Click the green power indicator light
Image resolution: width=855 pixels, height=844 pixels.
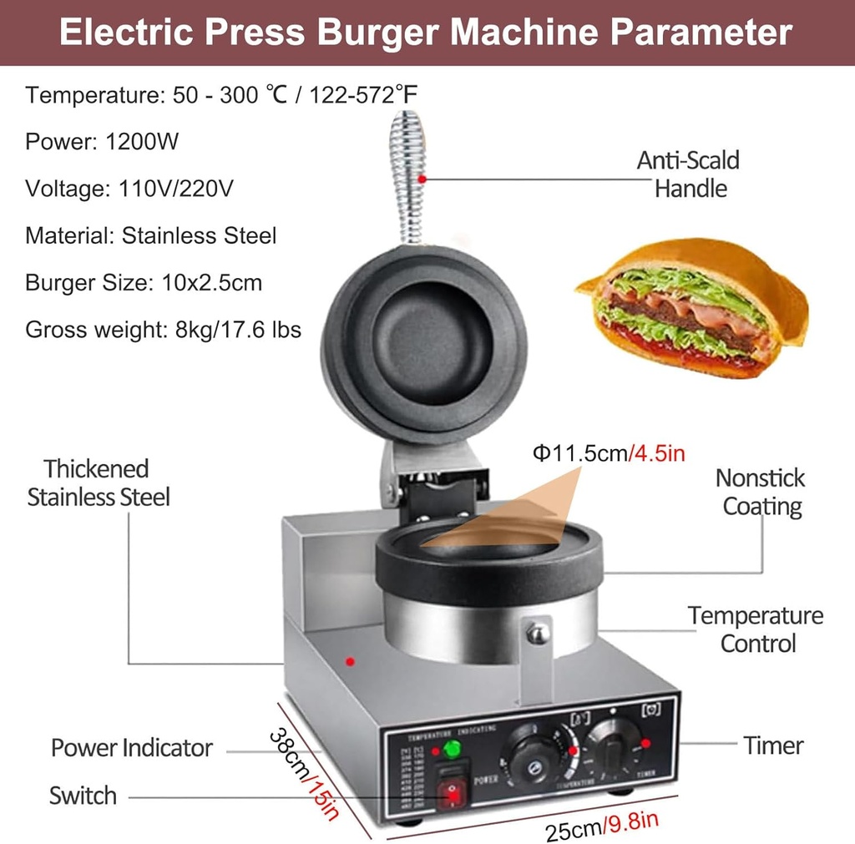coord(452,748)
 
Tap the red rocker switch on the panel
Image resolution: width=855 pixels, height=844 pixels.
coord(453,793)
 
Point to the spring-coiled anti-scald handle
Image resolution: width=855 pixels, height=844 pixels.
coord(409,178)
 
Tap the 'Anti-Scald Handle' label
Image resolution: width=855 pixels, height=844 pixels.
coord(689,174)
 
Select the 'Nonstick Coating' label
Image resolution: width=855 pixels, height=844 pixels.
coord(760,492)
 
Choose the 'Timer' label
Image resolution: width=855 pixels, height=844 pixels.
coord(774,745)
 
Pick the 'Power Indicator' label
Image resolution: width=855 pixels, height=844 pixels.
coord(132,748)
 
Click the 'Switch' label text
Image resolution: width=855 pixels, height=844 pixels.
coord(83,796)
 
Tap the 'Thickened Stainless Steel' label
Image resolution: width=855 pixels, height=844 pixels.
coord(98,483)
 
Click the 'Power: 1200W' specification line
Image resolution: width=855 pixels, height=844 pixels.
coord(102,142)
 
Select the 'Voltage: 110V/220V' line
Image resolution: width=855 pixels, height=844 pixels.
coord(129,189)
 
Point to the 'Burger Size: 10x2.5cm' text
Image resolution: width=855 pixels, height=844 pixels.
coord(144,282)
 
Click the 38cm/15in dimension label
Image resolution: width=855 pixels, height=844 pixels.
coord(305,773)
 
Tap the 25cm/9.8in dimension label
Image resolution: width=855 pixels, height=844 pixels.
coord(601,826)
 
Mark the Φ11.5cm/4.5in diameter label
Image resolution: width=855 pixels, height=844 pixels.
coord(610,453)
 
